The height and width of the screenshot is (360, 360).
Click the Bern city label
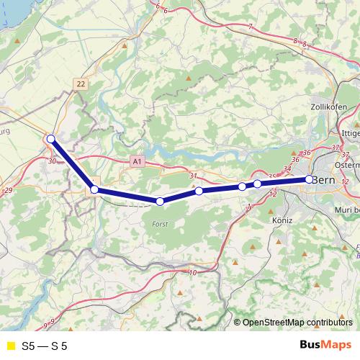(x=325, y=179)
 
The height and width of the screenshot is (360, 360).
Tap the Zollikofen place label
(x=330, y=107)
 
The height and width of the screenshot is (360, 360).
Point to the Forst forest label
(x=160, y=225)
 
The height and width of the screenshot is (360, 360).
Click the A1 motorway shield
(x=137, y=163)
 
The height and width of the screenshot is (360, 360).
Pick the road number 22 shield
(x=81, y=84)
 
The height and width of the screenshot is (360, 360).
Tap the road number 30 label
(x=52, y=161)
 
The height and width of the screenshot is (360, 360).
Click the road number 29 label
(x=8, y=189)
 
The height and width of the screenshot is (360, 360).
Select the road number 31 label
(x=192, y=176)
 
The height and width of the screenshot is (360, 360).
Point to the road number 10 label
(x=192, y=272)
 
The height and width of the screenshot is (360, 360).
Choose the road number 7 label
(x=251, y=27)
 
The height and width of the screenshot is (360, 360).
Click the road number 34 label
(x=287, y=169)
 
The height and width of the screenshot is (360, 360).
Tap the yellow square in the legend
(x=10, y=346)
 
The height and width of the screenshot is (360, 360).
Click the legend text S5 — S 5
(x=44, y=346)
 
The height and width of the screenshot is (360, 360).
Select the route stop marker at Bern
(x=309, y=179)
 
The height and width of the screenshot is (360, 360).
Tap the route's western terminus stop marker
(x=50, y=139)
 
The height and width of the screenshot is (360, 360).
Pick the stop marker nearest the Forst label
(x=160, y=202)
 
